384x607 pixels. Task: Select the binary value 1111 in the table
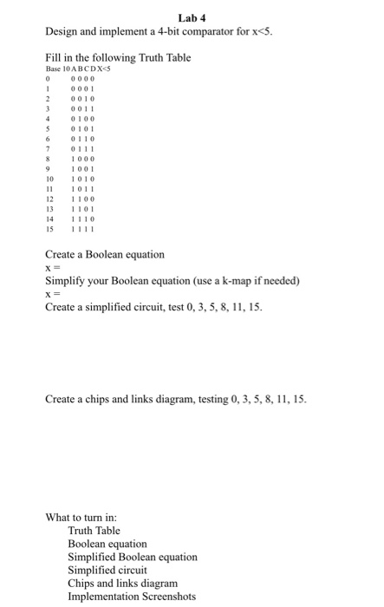click(82, 230)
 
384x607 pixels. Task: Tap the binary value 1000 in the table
click(82, 158)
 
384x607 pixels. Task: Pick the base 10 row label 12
click(49, 199)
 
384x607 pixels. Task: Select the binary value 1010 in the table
click(82, 179)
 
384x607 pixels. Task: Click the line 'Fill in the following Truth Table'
click(117, 56)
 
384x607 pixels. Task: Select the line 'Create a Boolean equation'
click(104, 255)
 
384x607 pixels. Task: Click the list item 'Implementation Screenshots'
click(132, 596)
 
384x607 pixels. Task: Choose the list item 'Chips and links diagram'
click(122, 583)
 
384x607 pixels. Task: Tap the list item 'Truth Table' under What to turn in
click(94, 530)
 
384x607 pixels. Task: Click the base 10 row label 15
click(49, 230)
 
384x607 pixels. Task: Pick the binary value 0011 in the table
click(82, 107)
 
